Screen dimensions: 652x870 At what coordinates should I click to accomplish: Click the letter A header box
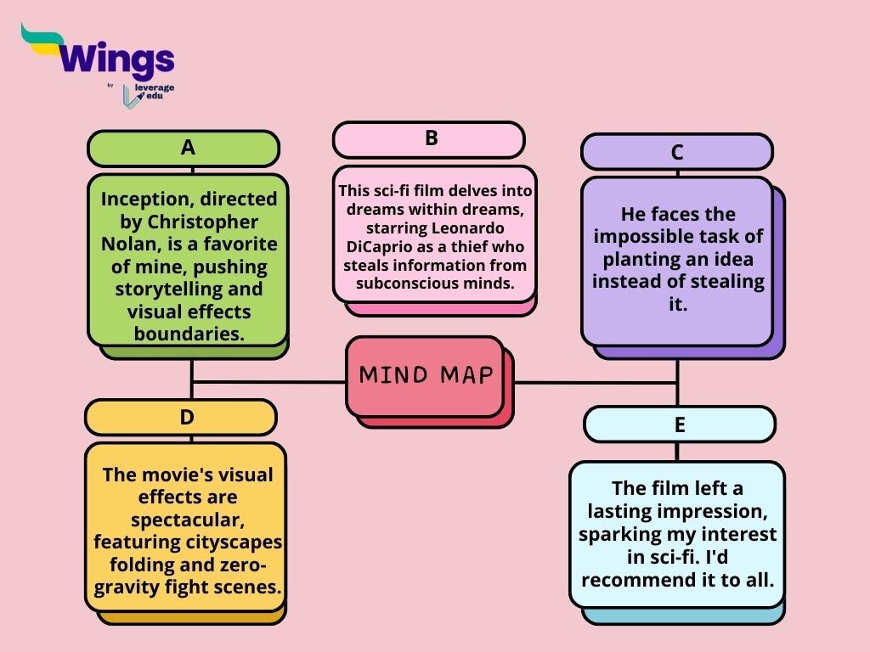tap(184, 149)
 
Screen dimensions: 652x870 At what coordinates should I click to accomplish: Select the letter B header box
tap(428, 139)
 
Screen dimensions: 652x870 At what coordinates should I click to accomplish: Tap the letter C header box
tap(677, 152)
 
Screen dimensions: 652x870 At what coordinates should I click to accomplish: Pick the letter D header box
tap(181, 418)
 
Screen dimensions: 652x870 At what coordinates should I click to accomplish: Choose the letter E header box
tap(680, 424)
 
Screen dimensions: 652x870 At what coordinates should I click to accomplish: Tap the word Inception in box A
tap(143, 200)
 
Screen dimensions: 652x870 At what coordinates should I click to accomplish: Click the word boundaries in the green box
tap(189, 334)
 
